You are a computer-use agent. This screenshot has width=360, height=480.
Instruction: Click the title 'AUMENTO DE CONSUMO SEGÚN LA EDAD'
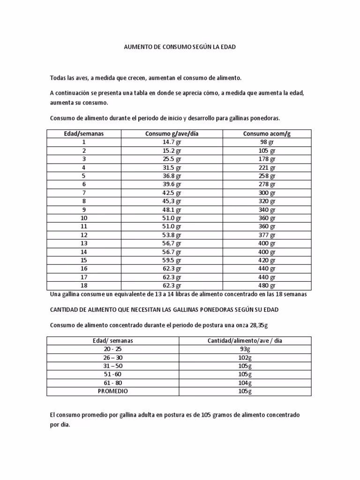[180, 47]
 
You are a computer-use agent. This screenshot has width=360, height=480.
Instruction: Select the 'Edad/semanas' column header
[84, 134]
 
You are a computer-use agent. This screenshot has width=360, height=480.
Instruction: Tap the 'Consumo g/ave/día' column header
[172, 134]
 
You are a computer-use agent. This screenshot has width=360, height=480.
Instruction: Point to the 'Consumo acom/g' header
[267, 134]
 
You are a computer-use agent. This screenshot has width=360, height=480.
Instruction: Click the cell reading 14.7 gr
[172, 142]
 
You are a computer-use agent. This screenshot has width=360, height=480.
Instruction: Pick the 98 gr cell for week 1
[267, 142]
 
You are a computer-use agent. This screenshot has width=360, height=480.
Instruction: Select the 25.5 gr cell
[172, 159]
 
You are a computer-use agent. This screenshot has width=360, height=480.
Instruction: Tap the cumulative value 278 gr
[267, 184]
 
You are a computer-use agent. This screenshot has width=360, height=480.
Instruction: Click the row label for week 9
[84, 210]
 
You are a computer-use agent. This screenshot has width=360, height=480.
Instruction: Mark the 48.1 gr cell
[172, 210]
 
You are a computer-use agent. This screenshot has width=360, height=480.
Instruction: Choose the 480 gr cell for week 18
[267, 285]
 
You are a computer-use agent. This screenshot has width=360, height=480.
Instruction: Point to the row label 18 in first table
[84, 285]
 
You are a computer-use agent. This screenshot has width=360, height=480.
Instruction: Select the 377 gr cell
[267, 235]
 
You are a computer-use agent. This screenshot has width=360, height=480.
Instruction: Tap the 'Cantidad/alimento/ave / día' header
[245, 341]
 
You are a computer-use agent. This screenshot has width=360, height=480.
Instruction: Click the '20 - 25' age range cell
[112, 349]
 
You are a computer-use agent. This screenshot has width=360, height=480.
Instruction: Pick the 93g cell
[245, 349]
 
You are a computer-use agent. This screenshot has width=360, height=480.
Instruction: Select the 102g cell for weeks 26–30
[245, 358]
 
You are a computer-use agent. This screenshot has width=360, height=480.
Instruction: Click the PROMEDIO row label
[112, 391]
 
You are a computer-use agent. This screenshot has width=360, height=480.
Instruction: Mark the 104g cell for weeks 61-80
[245, 382]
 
